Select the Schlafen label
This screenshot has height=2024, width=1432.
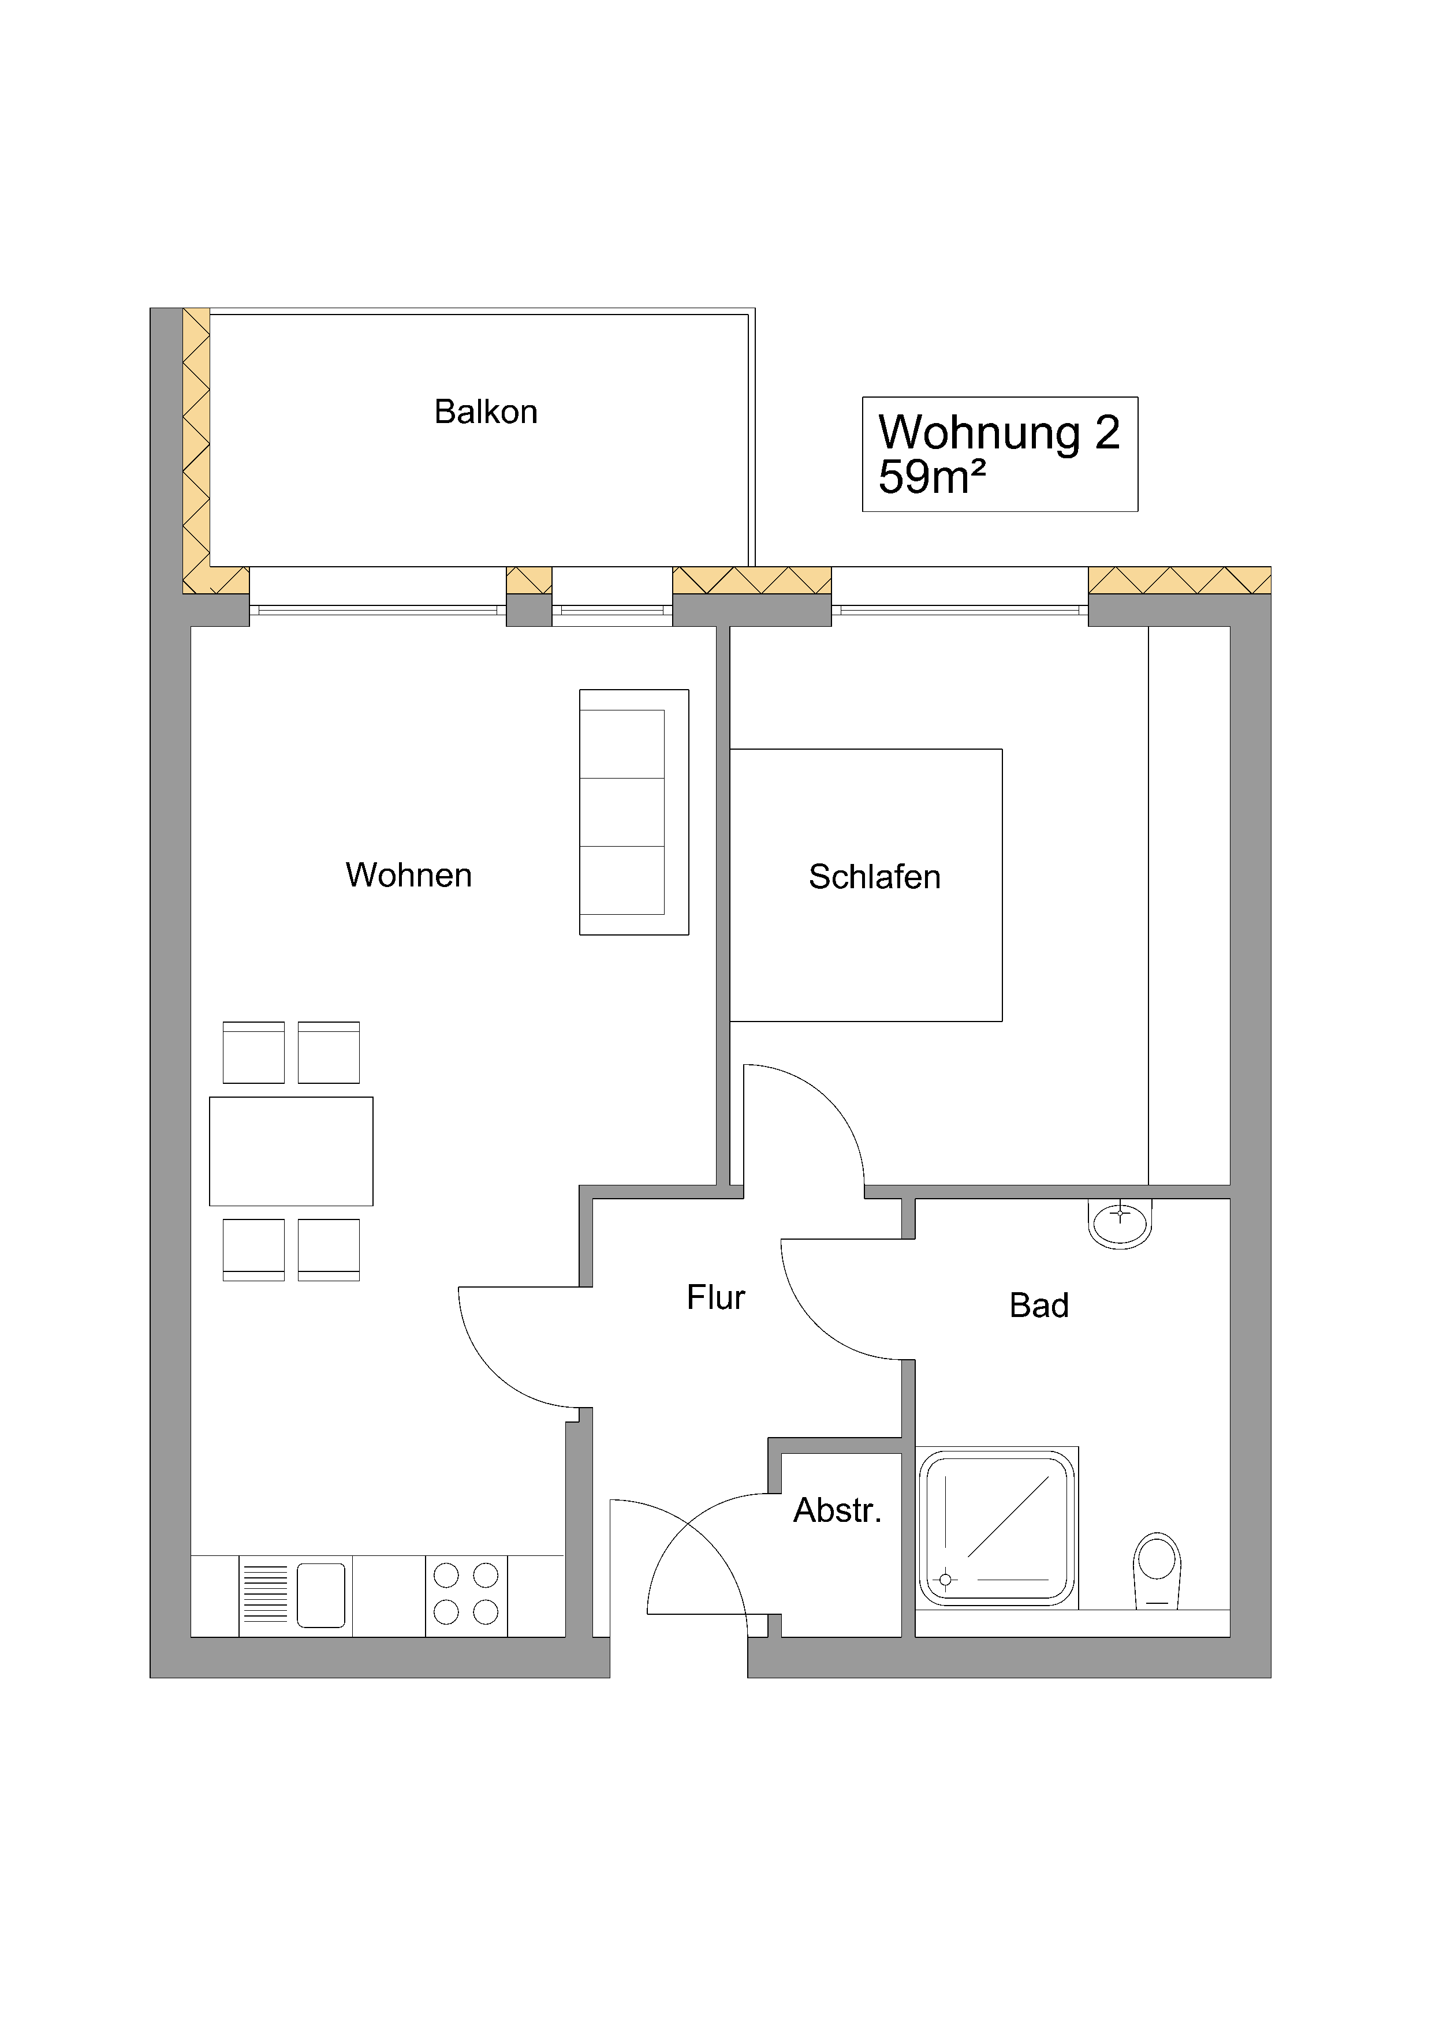tap(874, 877)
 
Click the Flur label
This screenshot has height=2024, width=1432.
tap(715, 1297)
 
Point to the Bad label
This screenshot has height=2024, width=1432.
tap(1039, 1305)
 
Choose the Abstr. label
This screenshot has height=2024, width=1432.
tap(837, 1510)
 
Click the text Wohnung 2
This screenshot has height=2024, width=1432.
tap(998, 433)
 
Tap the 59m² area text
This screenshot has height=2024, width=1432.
tap(931, 477)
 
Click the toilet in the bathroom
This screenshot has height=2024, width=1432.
tap(1156, 1570)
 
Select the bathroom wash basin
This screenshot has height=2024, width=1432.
tap(1120, 1223)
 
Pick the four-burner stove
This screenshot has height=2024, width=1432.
tap(465, 1596)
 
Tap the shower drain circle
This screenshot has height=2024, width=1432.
tap(945, 1579)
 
